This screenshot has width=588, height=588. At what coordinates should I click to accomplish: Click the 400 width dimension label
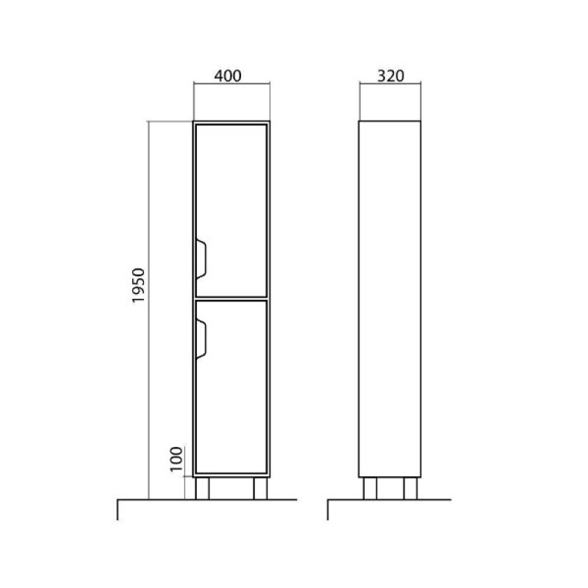[x=228, y=76]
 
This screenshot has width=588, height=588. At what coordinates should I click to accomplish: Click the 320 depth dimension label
[x=391, y=76]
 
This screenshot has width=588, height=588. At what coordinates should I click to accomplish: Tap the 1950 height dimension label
[x=138, y=286]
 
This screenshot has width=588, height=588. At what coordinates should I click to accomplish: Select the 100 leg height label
[x=176, y=459]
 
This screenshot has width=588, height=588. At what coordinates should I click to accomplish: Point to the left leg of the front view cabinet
[x=202, y=489]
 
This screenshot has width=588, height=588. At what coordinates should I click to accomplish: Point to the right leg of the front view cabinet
[x=260, y=489]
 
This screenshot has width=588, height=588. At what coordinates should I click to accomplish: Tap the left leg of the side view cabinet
[x=370, y=489]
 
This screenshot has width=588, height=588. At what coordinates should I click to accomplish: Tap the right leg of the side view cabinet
[x=410, y=489]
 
